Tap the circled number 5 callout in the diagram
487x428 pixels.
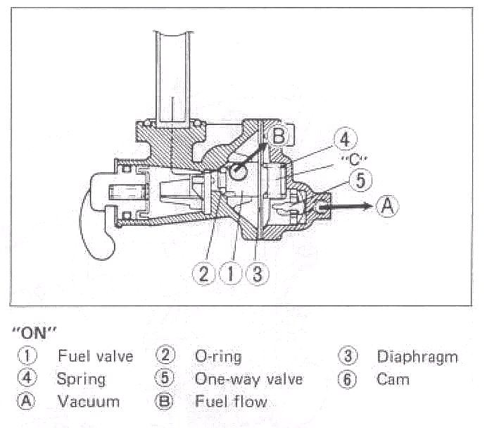click(360, 181)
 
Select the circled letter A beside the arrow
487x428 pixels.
click(387, 206)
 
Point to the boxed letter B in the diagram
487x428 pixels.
click(279, 135)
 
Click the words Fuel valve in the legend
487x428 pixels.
click(95, 356)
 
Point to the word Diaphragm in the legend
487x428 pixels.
click(417, 356)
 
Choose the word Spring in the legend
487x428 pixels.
click(81, 379)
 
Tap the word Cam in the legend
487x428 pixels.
click(393, 379)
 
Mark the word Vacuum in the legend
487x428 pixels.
click(88, 402)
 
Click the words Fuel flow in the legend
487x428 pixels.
click(231, 402)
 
